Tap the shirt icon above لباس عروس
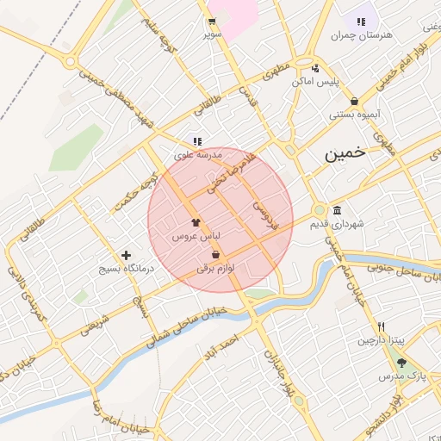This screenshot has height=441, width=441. (x=196, y=221)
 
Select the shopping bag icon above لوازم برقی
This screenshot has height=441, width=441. (x=214, y=255)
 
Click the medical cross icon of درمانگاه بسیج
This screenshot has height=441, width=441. (x=127, y=255)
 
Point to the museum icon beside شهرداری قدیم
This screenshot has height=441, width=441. (x=336, y=211)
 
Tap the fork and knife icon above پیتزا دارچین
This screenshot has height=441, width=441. (x=381, y=326)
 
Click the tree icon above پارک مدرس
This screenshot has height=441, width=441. (x=401, y=363)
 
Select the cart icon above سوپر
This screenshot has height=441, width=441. (x=212, y=22)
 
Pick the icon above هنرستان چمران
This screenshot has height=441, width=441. (x=360, y=21)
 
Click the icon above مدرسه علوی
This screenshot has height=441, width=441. (x=197, y=141)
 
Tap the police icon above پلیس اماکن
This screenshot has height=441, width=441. (x=315, y=68)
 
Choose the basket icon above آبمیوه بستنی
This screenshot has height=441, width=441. (x=354, y=101)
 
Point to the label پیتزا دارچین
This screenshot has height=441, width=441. (x=381, y=340)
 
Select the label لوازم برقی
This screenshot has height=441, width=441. (x=215, y=268)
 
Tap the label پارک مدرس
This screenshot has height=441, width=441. (x=402, y=377)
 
